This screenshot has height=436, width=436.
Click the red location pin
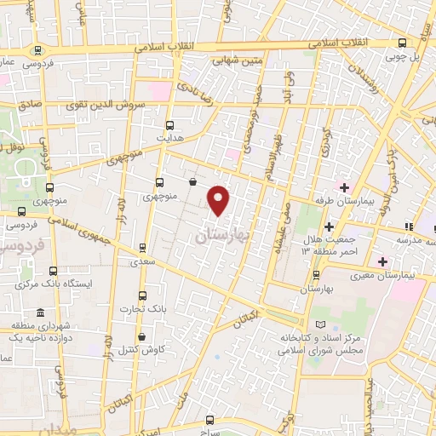pyautogui.click(x=220, y=198)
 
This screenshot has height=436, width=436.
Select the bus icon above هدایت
pyautogui.click(x=170, y=124)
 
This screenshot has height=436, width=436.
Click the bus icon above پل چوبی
pyautogui.click(x=404, y=43)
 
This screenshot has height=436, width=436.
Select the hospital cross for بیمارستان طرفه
pyautogui.click(x=345, y=187)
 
